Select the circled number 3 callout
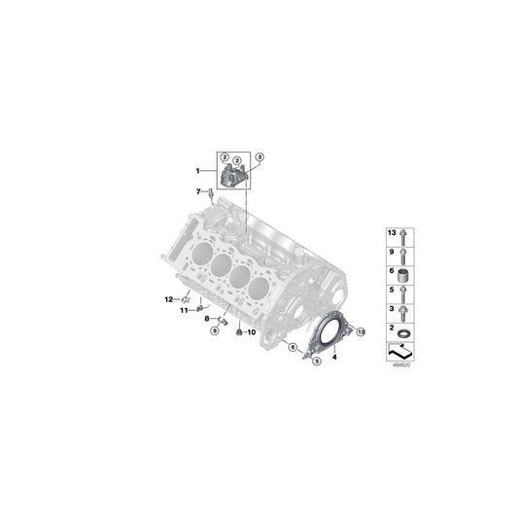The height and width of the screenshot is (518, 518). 259,156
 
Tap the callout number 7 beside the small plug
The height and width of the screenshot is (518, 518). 197,190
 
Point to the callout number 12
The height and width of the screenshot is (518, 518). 167,298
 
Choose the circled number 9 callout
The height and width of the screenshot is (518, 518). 215,330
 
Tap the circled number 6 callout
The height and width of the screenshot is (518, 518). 292,346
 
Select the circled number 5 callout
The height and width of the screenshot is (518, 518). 315,362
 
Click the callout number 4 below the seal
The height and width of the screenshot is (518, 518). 333,359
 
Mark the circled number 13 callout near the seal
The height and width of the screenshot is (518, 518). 361,332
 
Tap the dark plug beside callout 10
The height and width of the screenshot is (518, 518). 236,332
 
